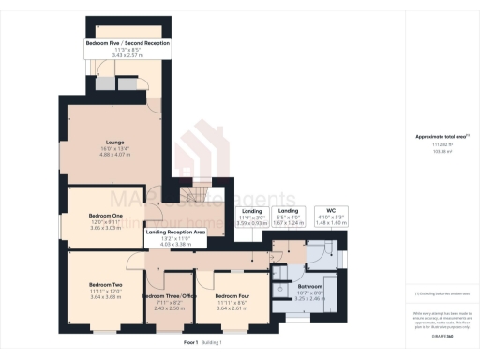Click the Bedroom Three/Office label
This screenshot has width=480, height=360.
click(x=168, y=296)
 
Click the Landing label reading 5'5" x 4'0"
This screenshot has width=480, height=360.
click(x=288, y=211)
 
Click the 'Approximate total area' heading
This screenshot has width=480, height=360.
click(x=440, y=137)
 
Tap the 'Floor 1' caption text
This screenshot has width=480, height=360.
click(x=192, y=343)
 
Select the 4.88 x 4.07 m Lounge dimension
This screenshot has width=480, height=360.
click(x=112, y=154)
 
